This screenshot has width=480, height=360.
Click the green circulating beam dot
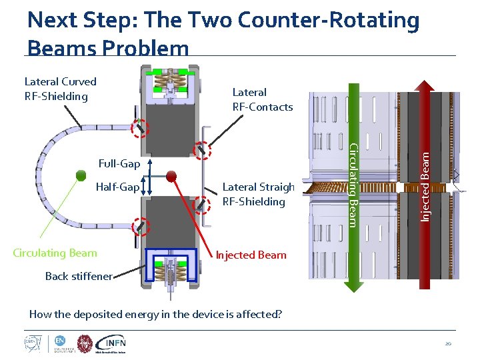81,176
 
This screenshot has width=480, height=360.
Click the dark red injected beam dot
171,176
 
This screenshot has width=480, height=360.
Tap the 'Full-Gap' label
119,164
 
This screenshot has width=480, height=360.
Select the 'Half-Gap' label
118,187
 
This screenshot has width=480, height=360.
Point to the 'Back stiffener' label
79,276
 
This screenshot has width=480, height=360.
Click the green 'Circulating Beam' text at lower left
55,253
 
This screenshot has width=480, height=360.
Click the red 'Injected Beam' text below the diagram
251,255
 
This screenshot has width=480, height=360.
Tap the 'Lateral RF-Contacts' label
262,99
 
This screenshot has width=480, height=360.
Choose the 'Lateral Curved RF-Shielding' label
61,89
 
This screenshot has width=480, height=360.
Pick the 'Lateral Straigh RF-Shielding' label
258,194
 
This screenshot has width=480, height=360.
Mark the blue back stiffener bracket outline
172,255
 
